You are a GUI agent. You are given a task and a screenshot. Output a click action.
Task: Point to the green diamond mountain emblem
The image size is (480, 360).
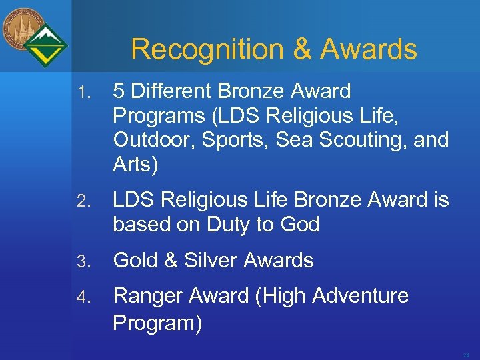point(46,46)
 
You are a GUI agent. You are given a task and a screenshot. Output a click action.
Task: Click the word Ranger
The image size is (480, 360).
point(148,295)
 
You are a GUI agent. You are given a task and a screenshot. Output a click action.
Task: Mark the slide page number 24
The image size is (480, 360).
point(465,355)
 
